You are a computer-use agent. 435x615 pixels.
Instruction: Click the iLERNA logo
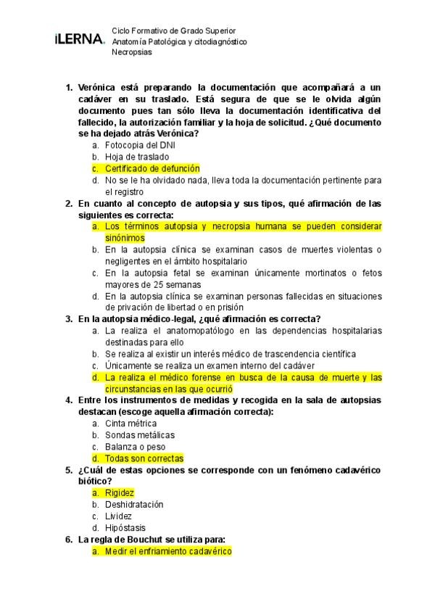(79, 39)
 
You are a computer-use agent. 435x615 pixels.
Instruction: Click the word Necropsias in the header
(131, 53)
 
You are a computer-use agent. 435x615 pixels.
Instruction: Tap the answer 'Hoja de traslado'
(137, 157)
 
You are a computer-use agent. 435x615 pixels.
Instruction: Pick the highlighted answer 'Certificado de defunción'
(152, 168)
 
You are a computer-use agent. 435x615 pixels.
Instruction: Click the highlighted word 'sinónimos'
(125, 238)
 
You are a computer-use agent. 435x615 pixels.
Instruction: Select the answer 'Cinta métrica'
(132, 424)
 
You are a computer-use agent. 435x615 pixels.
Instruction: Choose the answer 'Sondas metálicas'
(139, 435)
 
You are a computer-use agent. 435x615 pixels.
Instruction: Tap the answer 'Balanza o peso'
(136, 447)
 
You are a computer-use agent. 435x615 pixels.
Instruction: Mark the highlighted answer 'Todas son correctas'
(144, 458)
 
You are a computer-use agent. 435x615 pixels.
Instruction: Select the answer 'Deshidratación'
(134, 505)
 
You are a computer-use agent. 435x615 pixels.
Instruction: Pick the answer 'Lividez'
(118, 516)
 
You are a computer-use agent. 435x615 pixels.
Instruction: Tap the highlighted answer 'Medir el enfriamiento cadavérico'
(167, 551)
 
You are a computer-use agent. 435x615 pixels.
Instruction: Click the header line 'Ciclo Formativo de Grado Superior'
(173, 31)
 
